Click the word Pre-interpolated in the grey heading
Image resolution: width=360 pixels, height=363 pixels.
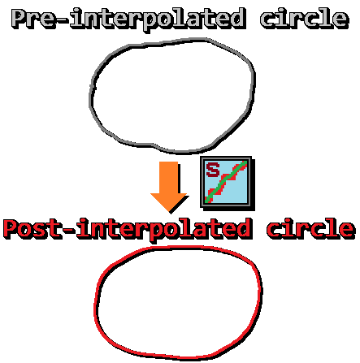[x=129, y=19]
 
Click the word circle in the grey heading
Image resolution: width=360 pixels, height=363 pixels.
[x=305, y=18]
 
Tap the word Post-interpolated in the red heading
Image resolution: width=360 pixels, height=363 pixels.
[x=128, y=230]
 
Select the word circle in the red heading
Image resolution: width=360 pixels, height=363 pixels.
[x=311, y=229]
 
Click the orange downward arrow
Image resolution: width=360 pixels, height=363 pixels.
[x=169, y=187]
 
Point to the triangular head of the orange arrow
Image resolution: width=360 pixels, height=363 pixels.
[x=169, y=202]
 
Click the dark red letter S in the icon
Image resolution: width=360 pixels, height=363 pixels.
[x=213, y=170]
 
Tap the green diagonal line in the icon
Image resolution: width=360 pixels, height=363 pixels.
[x=227, y=181]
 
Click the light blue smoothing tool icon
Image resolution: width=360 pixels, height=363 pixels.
[x=227, y=182]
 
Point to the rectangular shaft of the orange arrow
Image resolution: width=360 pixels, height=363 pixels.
[x=169, y=178]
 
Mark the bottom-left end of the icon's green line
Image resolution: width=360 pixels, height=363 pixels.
[x=206, y=201]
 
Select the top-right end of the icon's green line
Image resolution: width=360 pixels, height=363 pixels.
[x=246, y=162]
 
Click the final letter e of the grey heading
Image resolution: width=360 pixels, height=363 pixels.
[x=340, y=19]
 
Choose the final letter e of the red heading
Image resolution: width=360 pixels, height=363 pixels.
[x=346, y=231]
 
